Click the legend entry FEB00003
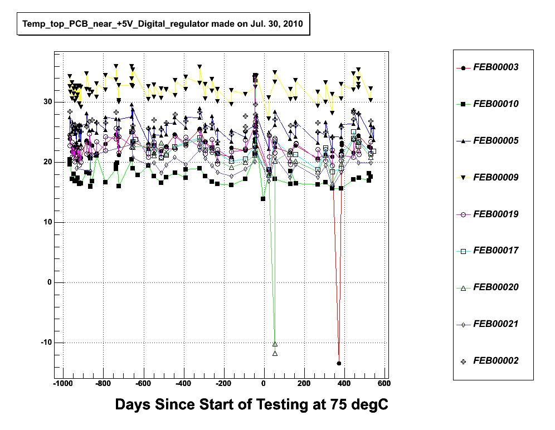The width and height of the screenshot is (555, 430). pos(495,67)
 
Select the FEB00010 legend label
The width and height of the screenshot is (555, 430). pos(495,104)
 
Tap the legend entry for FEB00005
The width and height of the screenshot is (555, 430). pos(495,141)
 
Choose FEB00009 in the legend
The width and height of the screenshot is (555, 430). pos(495,178)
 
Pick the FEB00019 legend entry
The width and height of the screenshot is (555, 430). pos(495,214)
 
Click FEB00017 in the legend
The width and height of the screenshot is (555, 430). pos(495,251)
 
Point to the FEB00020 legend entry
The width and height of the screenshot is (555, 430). pos(495,287)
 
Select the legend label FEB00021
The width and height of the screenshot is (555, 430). pos(495,324)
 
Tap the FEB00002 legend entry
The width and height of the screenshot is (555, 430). pos(495,361)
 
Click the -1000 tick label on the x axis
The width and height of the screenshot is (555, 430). pos(62,384)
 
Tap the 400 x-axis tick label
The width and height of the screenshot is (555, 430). pos(344,384)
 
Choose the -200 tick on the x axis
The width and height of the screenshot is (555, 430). pos(223,384)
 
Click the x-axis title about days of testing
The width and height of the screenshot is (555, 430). pos(251,405)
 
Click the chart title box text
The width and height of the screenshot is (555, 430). pos(162,25)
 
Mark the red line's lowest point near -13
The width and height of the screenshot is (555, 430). pos(339,363)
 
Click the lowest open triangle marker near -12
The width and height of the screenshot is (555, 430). pos(275,353)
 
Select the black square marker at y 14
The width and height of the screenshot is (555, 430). pos(264,199)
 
